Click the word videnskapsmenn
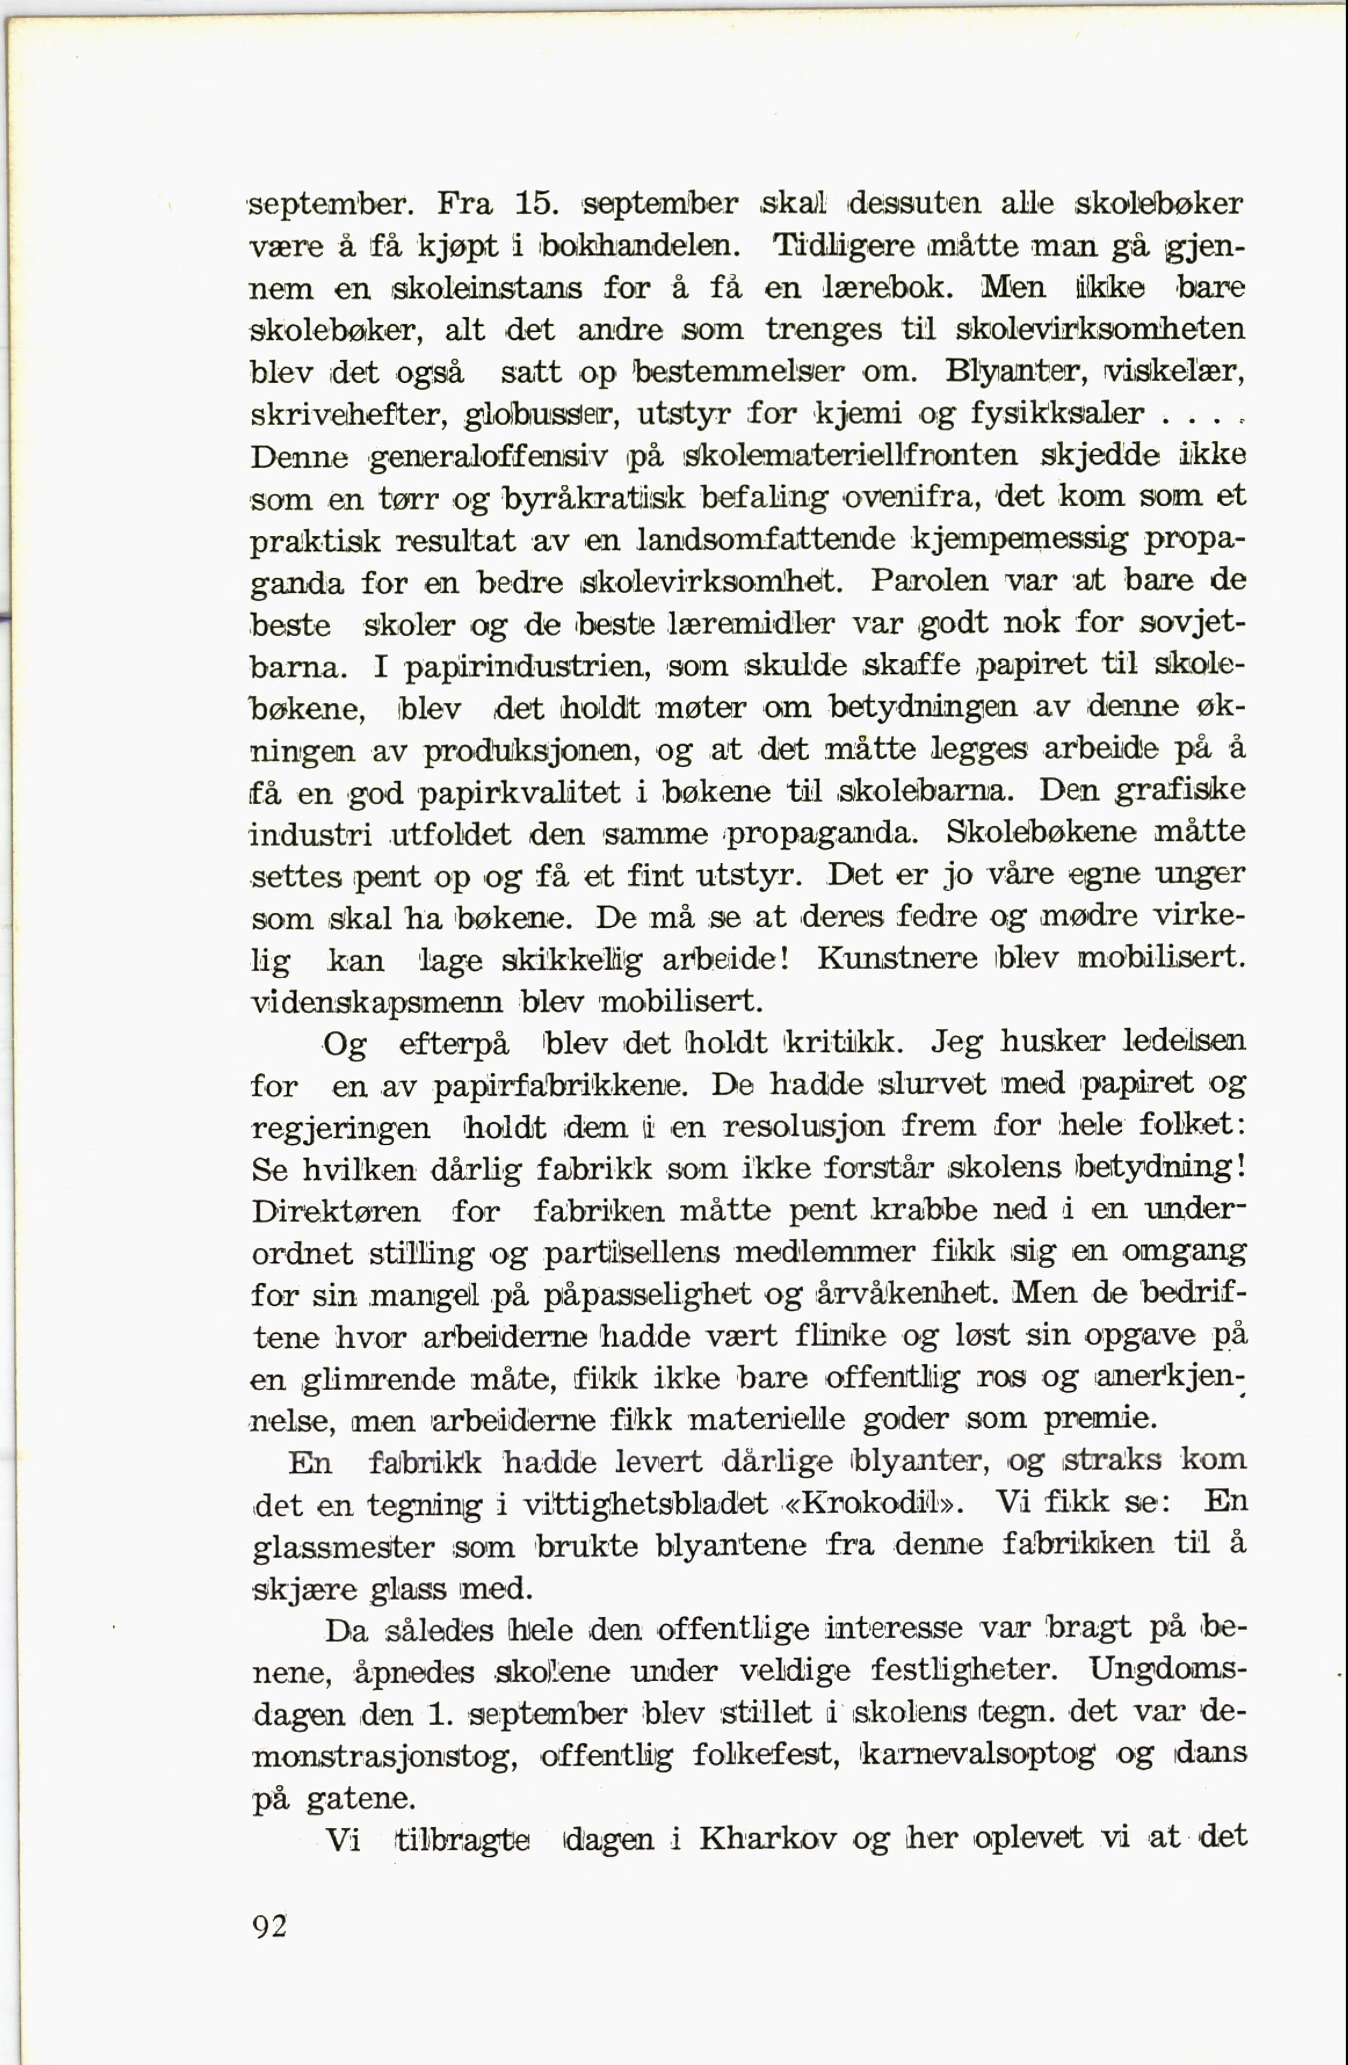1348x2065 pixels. pos(376,1002)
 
